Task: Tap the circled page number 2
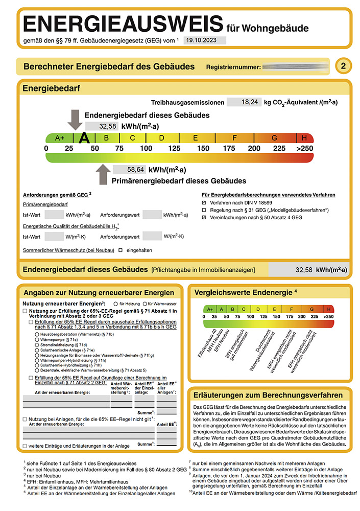point(343,66)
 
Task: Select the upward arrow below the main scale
point(103,174)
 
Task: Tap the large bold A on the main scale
point(85,137)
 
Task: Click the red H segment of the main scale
point(305,137)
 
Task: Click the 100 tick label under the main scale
point(146,148)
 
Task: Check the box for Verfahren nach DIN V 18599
point(204,203)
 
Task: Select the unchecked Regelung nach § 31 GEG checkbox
point(204,210)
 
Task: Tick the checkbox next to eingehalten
point(121,250)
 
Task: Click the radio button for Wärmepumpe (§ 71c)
point(36,339)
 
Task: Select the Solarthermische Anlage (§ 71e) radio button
point(36,350)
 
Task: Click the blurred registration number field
point(295,66)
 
